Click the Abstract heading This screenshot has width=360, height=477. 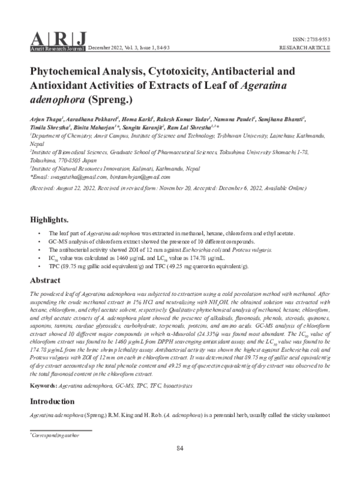pos(46,280)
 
